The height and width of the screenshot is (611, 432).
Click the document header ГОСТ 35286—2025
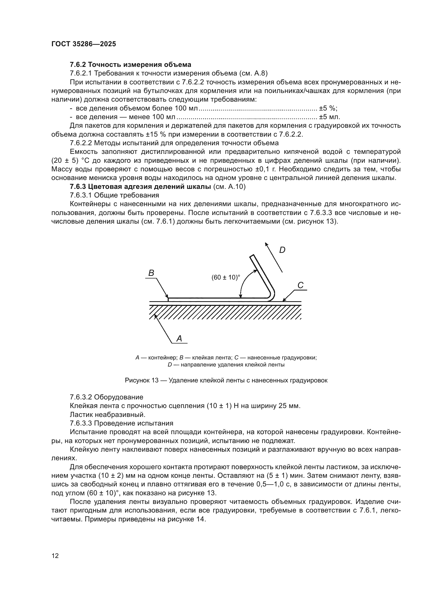84,44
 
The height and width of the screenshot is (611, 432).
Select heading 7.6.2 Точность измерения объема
130,65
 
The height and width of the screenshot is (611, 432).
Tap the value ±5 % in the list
328,108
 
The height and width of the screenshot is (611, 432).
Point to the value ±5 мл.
330,117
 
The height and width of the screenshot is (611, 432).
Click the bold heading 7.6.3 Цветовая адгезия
141,187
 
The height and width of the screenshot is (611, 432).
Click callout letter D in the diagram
282,250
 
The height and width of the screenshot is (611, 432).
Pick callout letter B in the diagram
151,273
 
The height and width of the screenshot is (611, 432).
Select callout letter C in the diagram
300,286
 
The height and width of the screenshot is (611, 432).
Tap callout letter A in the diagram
179,339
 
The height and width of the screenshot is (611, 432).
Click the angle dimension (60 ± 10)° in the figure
226,277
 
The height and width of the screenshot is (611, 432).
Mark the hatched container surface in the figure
225,312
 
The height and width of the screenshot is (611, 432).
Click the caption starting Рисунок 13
226,381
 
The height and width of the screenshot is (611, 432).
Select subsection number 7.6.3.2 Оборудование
106,397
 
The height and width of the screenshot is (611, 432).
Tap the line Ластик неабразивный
107,415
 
